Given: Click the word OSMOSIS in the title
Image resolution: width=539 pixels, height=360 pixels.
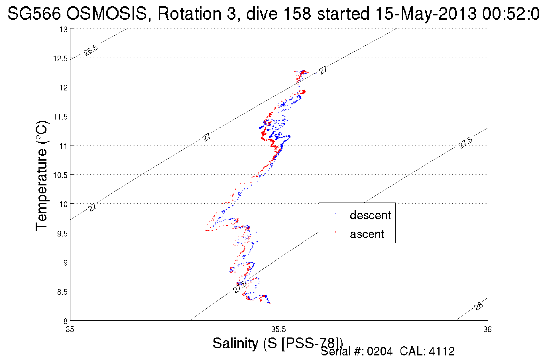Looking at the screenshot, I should (x=107, y=13).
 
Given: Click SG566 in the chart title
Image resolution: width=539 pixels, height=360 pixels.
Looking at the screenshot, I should (x=34, y=13).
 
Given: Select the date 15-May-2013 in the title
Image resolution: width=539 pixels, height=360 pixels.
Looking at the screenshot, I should (x=426, y=13).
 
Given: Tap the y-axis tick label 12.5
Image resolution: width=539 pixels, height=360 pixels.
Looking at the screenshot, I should (x=60, y=59).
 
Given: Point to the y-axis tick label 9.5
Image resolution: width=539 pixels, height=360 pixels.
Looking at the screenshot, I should (x=62, y=234).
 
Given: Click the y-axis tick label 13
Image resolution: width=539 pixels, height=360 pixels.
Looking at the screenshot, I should (x=64, y=30).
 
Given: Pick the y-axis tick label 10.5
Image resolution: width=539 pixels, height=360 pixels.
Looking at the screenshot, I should (x=60, y=175).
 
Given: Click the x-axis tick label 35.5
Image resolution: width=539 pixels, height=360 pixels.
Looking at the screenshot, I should (x=278, y=330).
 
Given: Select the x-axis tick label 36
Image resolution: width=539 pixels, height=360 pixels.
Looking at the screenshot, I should (x=487, y=330).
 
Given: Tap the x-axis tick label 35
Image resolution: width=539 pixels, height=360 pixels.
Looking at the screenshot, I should (x=70, y=330).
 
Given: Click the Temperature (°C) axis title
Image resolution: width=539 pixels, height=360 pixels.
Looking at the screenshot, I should (x=42, y=176).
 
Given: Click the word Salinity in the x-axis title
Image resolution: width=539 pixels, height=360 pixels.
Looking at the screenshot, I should (x=235, y=343).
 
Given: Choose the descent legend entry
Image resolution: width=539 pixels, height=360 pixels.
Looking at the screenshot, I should (x=370, y=215).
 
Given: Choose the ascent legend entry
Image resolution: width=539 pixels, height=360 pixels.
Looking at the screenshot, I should (x=367, y=234).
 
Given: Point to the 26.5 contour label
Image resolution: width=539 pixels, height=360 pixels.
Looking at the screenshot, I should (x=91, y=50).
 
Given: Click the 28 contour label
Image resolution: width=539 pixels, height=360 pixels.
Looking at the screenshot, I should (x=479, y=306).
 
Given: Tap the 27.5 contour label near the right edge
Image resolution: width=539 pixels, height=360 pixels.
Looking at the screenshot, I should (x=465, y=143).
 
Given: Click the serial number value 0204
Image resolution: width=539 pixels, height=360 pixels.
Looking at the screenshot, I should (x=380, y=351).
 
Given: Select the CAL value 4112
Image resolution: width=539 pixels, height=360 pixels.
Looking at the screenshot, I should (x=442, y=351).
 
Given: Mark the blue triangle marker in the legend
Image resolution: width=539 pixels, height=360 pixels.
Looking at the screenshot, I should (x=335, y=213).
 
